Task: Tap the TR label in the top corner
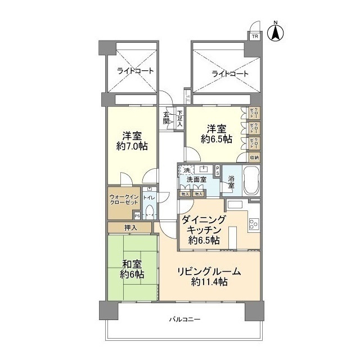(x=255, y=37)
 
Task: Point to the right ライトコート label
(x=229, y=74)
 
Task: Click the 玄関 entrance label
(x=166, y=117)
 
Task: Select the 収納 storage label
(x=254, y=157)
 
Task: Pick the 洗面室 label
(x=196, y=179)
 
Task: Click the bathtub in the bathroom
(x=251, y=182)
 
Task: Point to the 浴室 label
(x=231, y=183)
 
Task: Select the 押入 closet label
(x=130, y=228)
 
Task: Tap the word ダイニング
(x=202, y=220)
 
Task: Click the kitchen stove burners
(x=253, y=223)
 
